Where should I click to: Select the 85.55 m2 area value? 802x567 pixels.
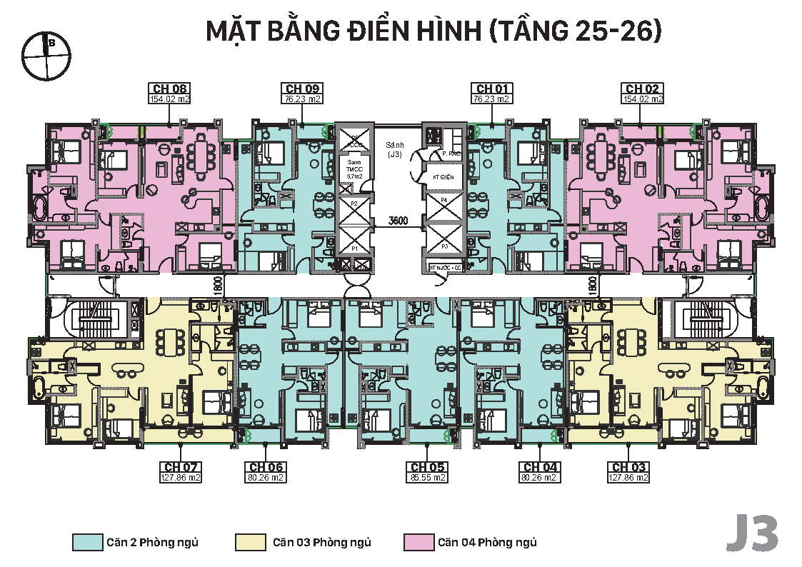coord(427,478)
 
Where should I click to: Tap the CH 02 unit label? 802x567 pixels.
coord(643,89)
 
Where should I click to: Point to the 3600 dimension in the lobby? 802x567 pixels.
coord(398,221)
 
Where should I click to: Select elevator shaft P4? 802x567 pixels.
coord(443,201)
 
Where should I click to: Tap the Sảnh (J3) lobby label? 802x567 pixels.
coord(394,149)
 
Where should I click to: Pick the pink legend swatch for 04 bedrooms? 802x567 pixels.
coord(418,543)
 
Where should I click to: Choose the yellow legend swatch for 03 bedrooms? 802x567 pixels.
coord(250,543)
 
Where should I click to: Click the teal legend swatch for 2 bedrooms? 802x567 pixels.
coord(87,543)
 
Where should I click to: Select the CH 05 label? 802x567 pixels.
coord(427,468)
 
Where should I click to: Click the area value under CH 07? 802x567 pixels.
coord(181,478)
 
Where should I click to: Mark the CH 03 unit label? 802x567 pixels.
coord(628,468)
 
